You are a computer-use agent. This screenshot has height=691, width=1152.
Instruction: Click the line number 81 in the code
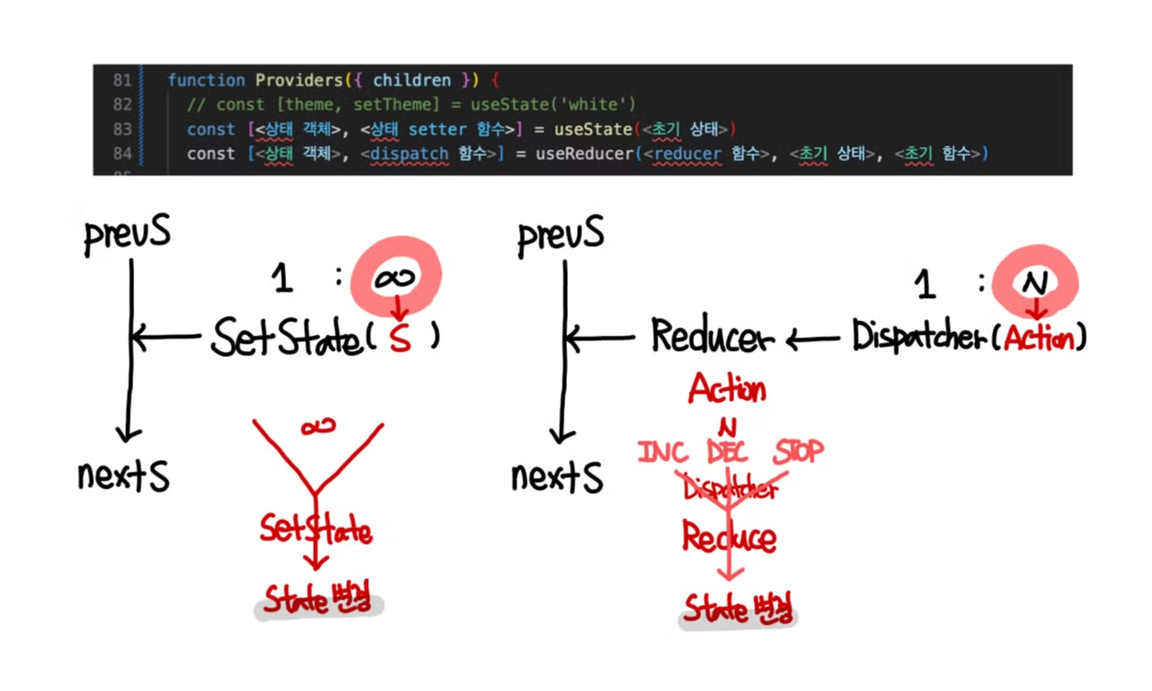click(123, 81)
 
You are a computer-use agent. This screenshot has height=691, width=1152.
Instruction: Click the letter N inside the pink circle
click(1035, 284)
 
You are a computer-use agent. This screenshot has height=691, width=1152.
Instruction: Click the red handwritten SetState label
click(315, 529)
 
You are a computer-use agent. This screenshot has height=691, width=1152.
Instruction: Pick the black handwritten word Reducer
click(712, 337)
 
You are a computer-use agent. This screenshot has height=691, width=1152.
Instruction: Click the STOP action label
click(798, 450)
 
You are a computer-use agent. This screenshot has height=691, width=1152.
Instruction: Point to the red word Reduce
click(729, 537)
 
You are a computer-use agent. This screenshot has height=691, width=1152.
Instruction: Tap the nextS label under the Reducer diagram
click(556, 477)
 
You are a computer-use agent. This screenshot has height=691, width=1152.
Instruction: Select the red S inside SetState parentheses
click(401, 340)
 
